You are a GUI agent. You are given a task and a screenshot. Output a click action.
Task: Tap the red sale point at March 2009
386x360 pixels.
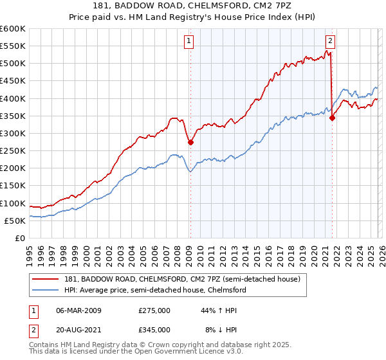190,143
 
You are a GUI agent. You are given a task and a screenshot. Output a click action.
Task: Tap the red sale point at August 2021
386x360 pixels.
332,118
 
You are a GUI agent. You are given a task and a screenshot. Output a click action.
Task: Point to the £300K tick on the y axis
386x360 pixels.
13,134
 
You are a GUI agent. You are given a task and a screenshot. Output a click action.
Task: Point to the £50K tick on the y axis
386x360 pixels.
15,221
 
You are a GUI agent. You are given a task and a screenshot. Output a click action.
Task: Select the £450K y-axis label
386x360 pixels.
13,81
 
